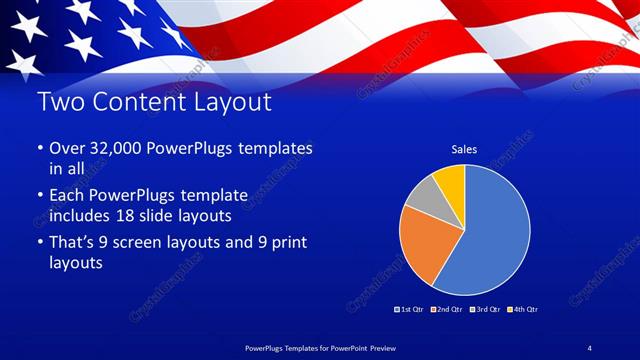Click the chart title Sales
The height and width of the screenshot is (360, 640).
point(464,149)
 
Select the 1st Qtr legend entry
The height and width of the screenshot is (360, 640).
point(410,308)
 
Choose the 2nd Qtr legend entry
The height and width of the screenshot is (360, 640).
point(447,308)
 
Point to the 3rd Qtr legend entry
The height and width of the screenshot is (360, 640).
point(485,308)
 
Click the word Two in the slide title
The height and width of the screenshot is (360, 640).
point(56,102)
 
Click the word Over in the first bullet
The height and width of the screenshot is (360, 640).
point(67,148)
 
